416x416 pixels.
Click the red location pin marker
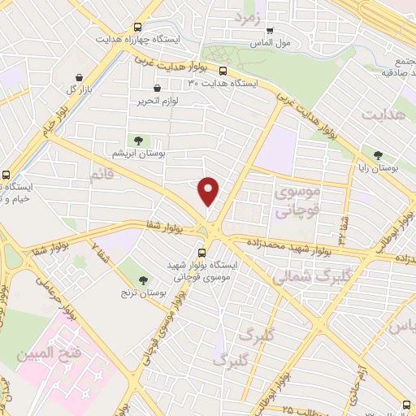[x=210, y=191]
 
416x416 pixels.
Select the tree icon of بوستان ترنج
[x=144, y=279]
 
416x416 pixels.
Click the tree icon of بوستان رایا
[x=378, y=154]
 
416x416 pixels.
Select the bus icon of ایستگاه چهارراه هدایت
[x=136, y=26]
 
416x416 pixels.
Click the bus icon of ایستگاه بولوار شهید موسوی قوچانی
[x=202, y=253]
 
